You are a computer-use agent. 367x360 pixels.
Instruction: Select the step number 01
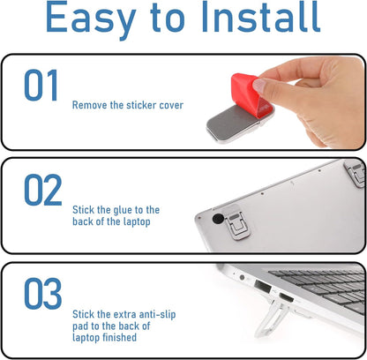pos(41,86)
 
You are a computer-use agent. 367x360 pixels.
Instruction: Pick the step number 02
pos(43,190)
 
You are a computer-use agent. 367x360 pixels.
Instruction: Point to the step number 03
pos(43,294)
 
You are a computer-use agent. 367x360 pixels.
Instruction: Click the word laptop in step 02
pos(137,221)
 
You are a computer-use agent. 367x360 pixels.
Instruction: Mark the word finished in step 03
pos(121,337)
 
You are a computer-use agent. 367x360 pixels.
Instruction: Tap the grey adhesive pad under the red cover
pos(232,124)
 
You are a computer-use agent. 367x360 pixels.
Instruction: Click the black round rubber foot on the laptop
pos(218,218)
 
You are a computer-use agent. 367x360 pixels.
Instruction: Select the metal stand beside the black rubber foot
pos(236,223)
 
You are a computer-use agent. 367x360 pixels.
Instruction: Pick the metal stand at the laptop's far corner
pos(356,173)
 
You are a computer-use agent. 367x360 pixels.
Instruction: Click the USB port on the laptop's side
pos(262,286)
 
